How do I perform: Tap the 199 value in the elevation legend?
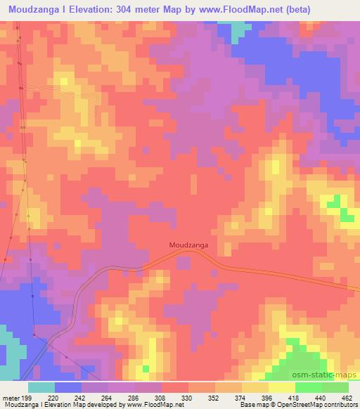click(26, 398)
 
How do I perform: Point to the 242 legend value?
click(81, 398)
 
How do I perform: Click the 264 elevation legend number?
click(108, 398)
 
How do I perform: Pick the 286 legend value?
click(134, 398)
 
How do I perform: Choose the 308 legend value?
click(161, 398)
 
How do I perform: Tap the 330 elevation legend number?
click(188, 398)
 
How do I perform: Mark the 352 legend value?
click(214, 398)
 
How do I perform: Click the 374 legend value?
click(241, 398)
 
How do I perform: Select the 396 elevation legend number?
click(268, 398)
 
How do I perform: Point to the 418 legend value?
click(295, 398)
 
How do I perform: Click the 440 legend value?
click(321, 398)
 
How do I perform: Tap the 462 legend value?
click(347, 398)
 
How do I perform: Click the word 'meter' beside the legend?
click(11, 398)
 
